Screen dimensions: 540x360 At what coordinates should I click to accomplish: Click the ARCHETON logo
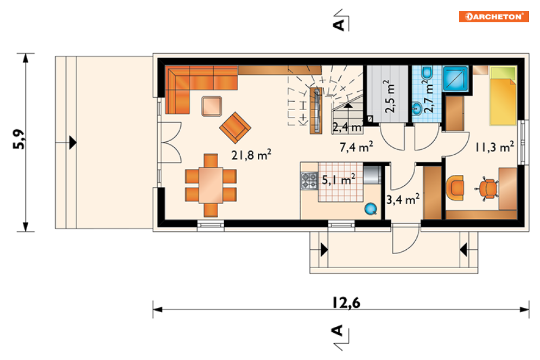pyautogui.click(x=494, y=16)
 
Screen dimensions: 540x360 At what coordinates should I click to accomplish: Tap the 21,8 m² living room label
pyautogui.click(x=251, y=155)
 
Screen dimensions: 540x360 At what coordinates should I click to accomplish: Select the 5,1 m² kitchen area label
pyautogui.click(x=338, y=179)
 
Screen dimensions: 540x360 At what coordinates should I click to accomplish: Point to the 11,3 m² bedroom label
pyautogui.click(x=494, y=147)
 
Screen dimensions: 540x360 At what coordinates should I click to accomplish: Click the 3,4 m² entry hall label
pyautogui.click(x=403, y=199)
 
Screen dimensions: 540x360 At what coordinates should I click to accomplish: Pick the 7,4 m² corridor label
pyautogui.click(x=356, y=147)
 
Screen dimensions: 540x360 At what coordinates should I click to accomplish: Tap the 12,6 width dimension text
pyautogui.click(x=346, y=302)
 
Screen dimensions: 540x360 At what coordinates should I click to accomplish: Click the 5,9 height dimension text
pyautogui.click(x=19, y=139)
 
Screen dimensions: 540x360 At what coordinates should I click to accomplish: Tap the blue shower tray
pyautogui.click(x=456, y=79)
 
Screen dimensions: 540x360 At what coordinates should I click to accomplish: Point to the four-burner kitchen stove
pyautogui.click(x=309, y=181)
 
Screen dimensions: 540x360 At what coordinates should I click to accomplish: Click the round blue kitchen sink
pyautogui.click(x=371, y=209)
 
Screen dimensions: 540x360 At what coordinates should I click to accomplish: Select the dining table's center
pyautogui.click(x=211, y=185)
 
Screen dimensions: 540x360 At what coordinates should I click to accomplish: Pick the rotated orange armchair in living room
pyautogui.click(x=235, y=128)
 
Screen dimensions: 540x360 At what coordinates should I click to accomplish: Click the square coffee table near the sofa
pyautogui.click(x=212, y=106)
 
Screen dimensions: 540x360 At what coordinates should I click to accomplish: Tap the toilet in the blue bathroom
pyautogui.click(x=427, y=72)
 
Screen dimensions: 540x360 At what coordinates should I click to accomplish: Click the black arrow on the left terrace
pyautogui.click(x=73, y=142)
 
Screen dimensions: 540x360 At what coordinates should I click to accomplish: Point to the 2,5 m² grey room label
pyautogui.click(x=390, y=97)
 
